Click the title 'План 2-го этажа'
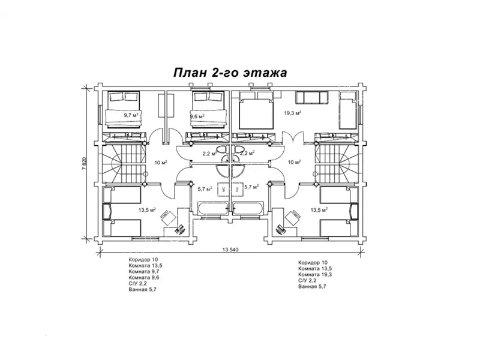coord(230,73)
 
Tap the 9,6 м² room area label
coord(197,116)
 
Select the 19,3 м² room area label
coord(292,112)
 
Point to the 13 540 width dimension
coord(231,250)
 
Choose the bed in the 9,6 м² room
coord(208,109)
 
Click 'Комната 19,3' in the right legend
coord(316,274)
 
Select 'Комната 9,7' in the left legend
coord(144,272)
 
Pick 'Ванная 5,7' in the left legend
coord(143,290)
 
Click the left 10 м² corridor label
coord(160,163)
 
